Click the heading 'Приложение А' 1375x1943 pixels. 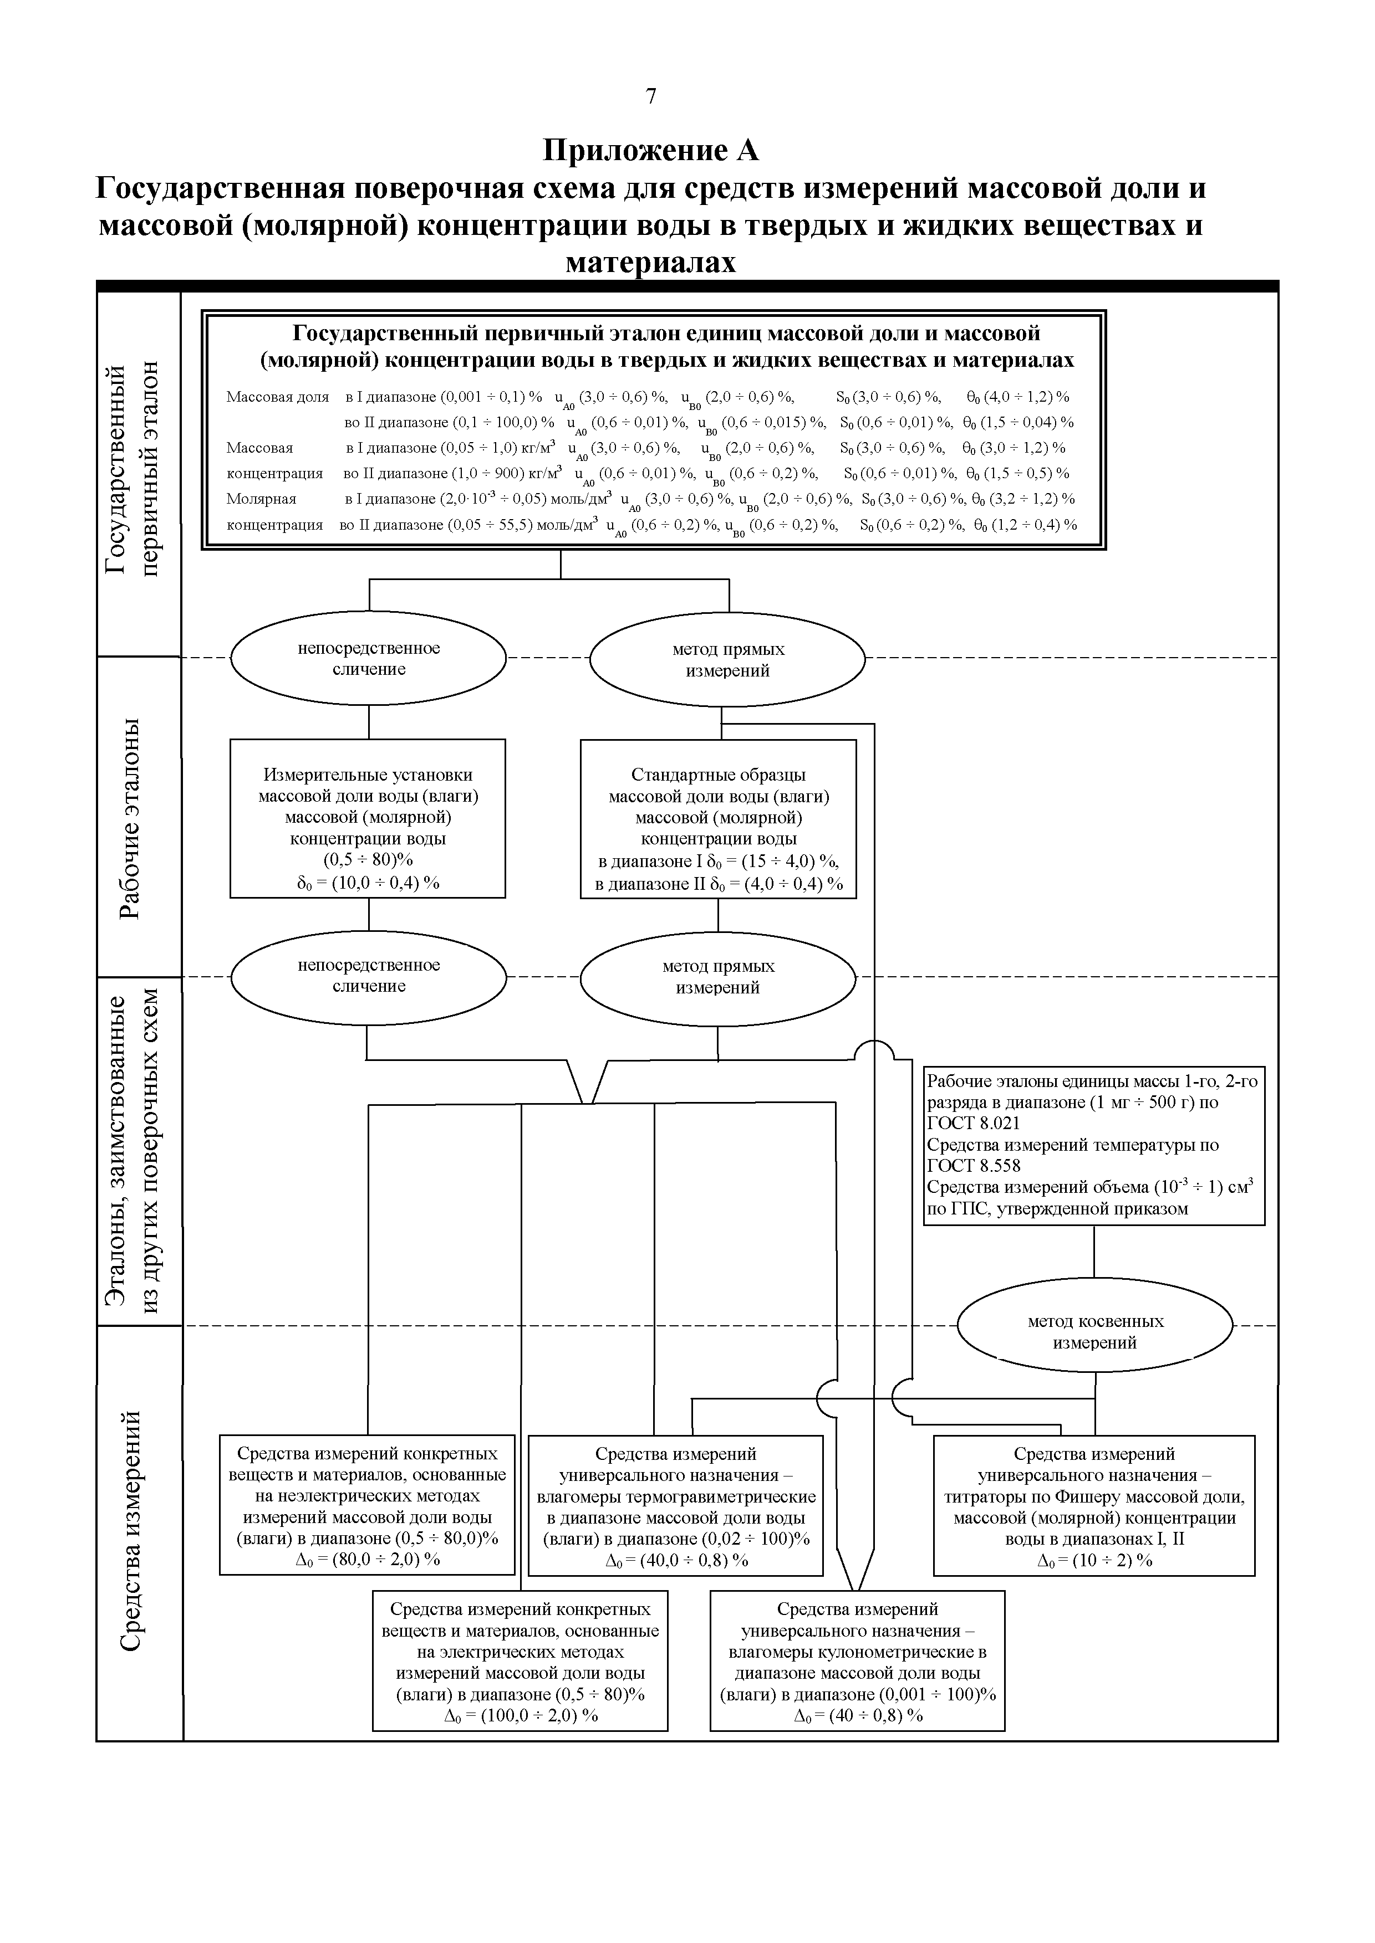point(650,150)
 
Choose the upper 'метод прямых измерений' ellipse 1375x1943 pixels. point(727,660)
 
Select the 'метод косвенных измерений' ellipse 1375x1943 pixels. point(1095,1332)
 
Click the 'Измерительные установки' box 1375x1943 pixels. point(368,818)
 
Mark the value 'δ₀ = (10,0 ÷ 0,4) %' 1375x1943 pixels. point(368,883)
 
